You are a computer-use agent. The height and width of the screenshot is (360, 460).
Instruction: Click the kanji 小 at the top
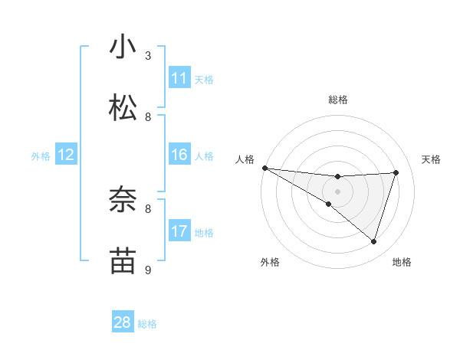123,47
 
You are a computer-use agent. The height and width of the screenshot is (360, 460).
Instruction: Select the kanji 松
123,108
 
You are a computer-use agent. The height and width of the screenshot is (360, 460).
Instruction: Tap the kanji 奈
123,201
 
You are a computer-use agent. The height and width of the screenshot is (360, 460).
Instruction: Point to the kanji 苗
123,261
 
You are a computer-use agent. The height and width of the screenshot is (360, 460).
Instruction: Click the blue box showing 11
179,78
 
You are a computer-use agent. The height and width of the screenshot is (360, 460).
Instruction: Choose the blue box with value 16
179,155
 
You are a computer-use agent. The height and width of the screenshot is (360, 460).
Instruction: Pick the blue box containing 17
179,231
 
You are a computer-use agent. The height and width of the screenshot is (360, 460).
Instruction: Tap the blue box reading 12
66,155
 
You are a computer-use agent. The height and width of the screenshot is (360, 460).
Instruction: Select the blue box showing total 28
123,322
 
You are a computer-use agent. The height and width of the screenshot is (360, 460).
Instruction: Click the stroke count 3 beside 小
148,56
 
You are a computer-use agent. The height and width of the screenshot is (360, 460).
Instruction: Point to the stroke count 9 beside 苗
148,270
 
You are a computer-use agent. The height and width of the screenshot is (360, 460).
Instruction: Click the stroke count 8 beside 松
148,116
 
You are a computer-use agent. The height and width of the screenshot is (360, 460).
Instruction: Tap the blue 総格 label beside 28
147,324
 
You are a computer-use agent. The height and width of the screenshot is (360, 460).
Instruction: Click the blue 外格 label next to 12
41,156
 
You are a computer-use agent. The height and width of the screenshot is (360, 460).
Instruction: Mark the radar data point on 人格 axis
264,168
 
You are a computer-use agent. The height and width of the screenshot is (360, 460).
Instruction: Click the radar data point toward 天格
396,172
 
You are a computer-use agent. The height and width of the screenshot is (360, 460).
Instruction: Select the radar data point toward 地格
373,241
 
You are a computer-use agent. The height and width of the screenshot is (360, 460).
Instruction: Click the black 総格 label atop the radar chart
338,100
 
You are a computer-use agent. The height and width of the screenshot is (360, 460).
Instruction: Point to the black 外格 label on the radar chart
270,262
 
